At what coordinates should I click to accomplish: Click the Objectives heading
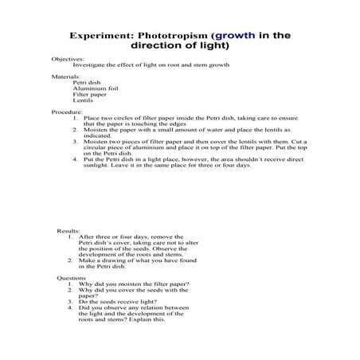pyautogui.click(x=68, y=59)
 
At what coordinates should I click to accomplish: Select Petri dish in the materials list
pyautogui.click(x=85, y=82)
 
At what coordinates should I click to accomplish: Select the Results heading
pyautogui.click(x=68, y=230)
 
